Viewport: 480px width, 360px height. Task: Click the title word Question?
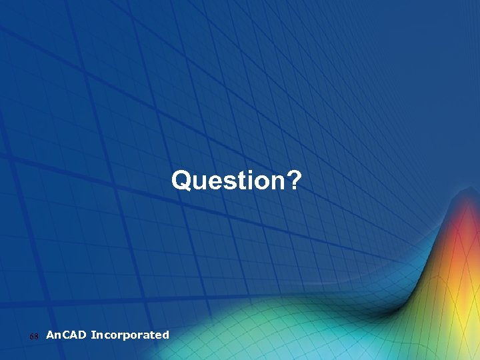(x=237, y=180)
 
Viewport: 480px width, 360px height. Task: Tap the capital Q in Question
(x=181, y=180)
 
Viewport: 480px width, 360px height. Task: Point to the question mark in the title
(x=294, y=180)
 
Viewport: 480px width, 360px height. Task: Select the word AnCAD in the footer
(x=67, y=335)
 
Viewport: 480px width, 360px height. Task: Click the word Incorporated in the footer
(x=130, y=335)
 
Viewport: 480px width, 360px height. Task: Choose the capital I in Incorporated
(x=93, y=335)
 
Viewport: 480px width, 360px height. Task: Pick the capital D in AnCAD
(x=82, y=335)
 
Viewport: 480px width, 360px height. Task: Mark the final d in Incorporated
(x=165, y=335)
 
